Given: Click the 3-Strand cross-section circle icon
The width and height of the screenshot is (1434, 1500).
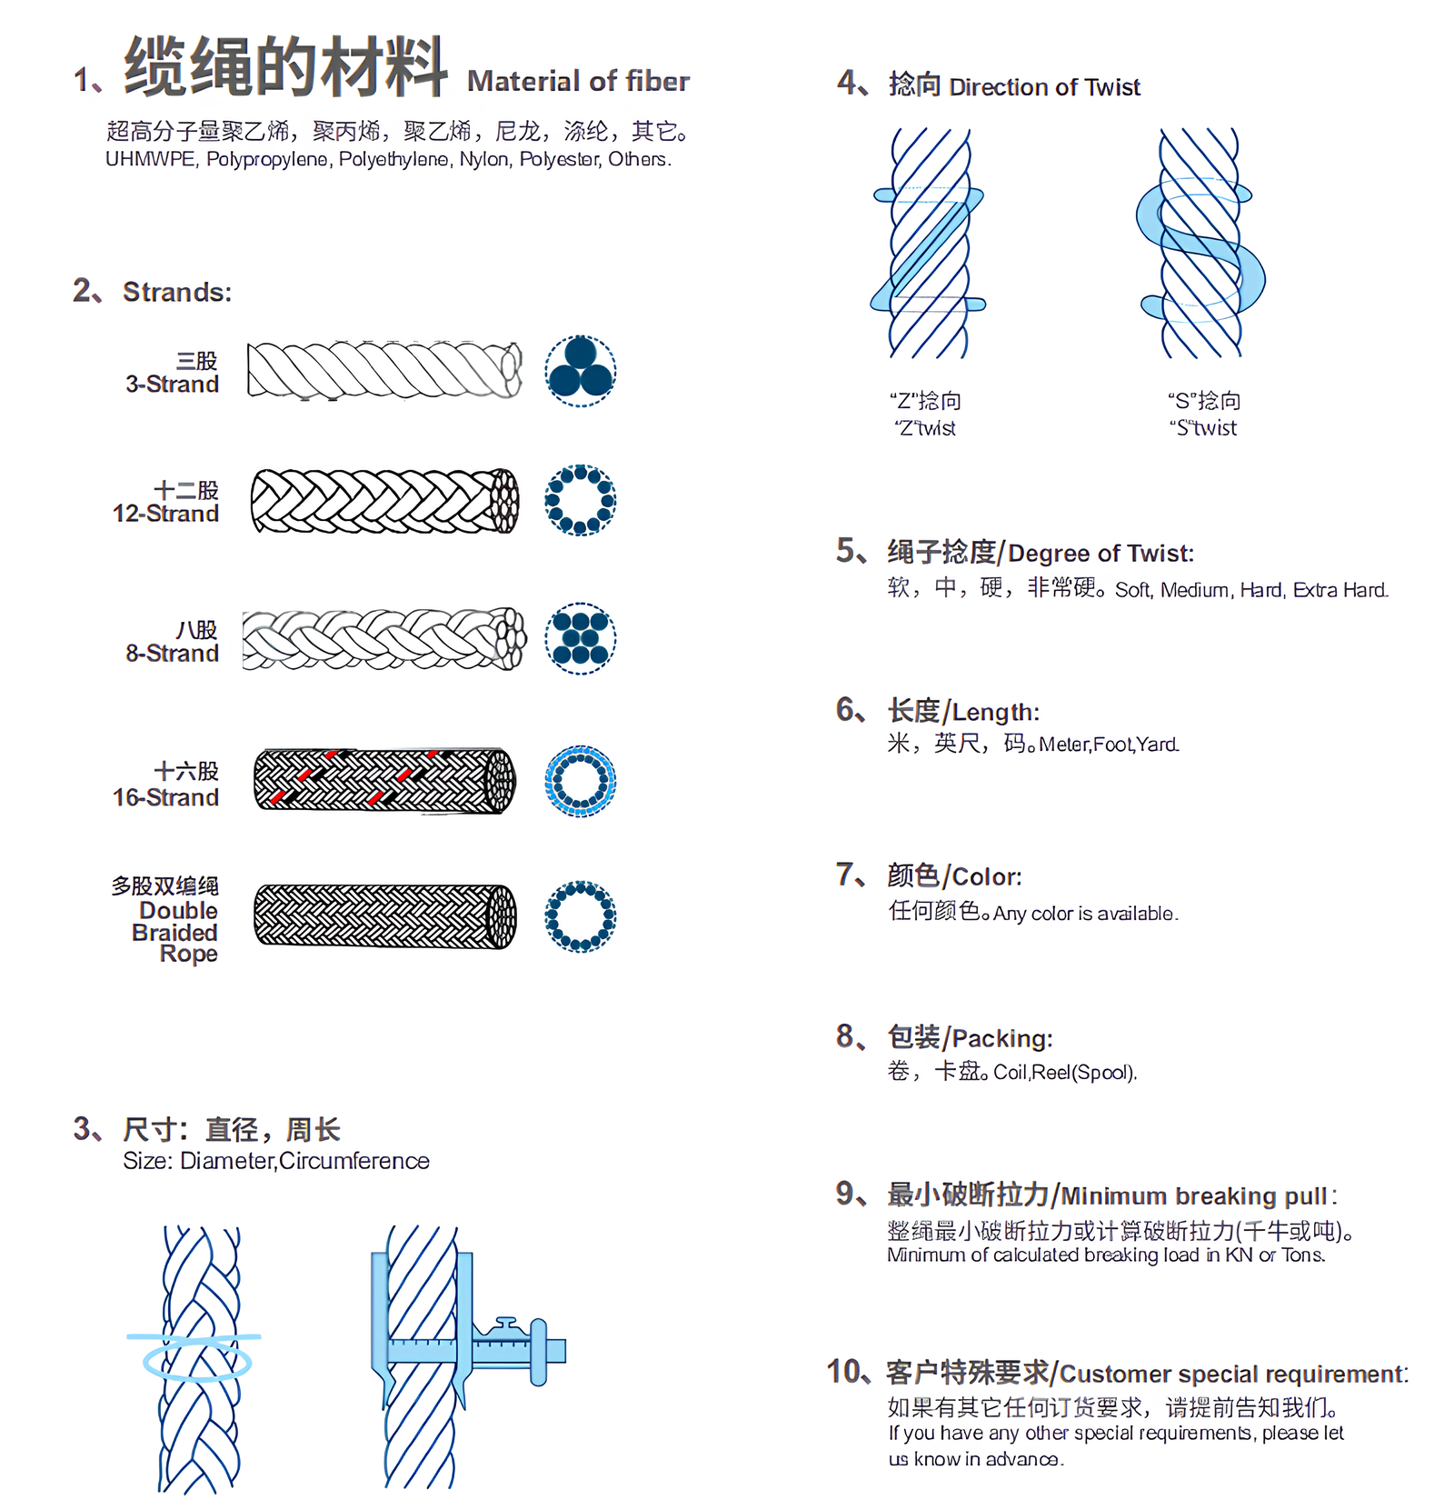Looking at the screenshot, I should coord(580,371).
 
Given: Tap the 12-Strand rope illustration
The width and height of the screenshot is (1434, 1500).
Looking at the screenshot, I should coord(383,501).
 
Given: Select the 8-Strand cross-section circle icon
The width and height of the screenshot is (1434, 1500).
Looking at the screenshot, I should coord(580,638).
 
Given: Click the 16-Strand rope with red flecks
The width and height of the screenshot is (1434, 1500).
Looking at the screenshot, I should coord(383,780).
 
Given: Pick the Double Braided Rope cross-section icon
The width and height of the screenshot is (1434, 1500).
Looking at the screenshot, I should coord(580,916).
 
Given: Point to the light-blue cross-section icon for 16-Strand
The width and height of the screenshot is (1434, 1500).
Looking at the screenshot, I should coord(580,781).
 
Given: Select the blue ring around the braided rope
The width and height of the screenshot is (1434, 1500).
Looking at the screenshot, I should coord(197,1361).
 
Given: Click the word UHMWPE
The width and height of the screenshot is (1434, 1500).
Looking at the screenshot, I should coord(150,160).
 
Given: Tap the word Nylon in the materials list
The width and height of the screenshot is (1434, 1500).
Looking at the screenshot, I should coord(484,160).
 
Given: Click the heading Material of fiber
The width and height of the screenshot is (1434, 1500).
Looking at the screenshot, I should coord(578,82).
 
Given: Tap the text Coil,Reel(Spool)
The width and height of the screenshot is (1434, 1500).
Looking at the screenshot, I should coord(1064,1073).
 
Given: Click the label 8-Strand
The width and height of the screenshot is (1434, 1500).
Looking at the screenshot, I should coord(172,653).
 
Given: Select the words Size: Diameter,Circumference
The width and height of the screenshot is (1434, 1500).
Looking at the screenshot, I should coord(275,1161).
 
